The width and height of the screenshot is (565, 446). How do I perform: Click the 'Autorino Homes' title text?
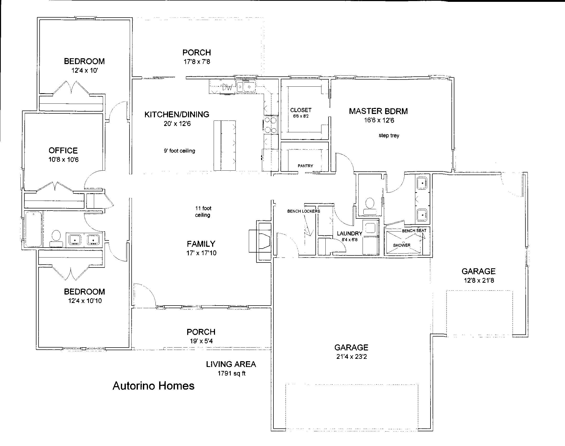pyautogui.click(x=153, y=386)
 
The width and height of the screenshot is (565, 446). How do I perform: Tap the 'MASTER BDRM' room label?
pyautogui.click(x=378, y=111)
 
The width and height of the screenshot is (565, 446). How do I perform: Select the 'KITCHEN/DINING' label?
pyautogui.click(x=177, y=114)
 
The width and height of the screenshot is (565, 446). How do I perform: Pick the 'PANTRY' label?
pyautogui.click(x=305, y=166)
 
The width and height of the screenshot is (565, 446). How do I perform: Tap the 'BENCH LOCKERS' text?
pyautogui.click(x=304, y=211)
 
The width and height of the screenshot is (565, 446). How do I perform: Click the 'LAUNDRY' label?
pyautogui.click(x=349, y=233)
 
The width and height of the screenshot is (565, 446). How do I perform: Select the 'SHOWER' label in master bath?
pyautogui.click(x=402, y=245)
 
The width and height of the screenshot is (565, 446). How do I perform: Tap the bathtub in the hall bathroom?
pyautogui.click(x=34, y=229)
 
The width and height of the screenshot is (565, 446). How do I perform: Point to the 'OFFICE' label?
pyautogui.click(x=63, y=150)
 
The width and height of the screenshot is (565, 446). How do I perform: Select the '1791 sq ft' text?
pyautogui.click(x=232, y=373)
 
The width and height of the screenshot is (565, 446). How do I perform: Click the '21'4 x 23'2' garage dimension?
pyautogui.click(x=351, y=357)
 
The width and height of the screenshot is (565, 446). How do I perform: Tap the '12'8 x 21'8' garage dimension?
pyautogui.click(x=479, y=280)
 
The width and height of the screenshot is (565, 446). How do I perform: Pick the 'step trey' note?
pyautogui.click(x=389, y=135)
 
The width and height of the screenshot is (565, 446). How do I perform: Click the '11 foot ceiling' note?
pyautogui.click(x=203, y=212)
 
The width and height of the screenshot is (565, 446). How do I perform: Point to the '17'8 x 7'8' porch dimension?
pyautogui.click(x=197, y=62)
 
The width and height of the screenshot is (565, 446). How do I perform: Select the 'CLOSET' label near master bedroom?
pyautogui.click(x=301, y=110)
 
